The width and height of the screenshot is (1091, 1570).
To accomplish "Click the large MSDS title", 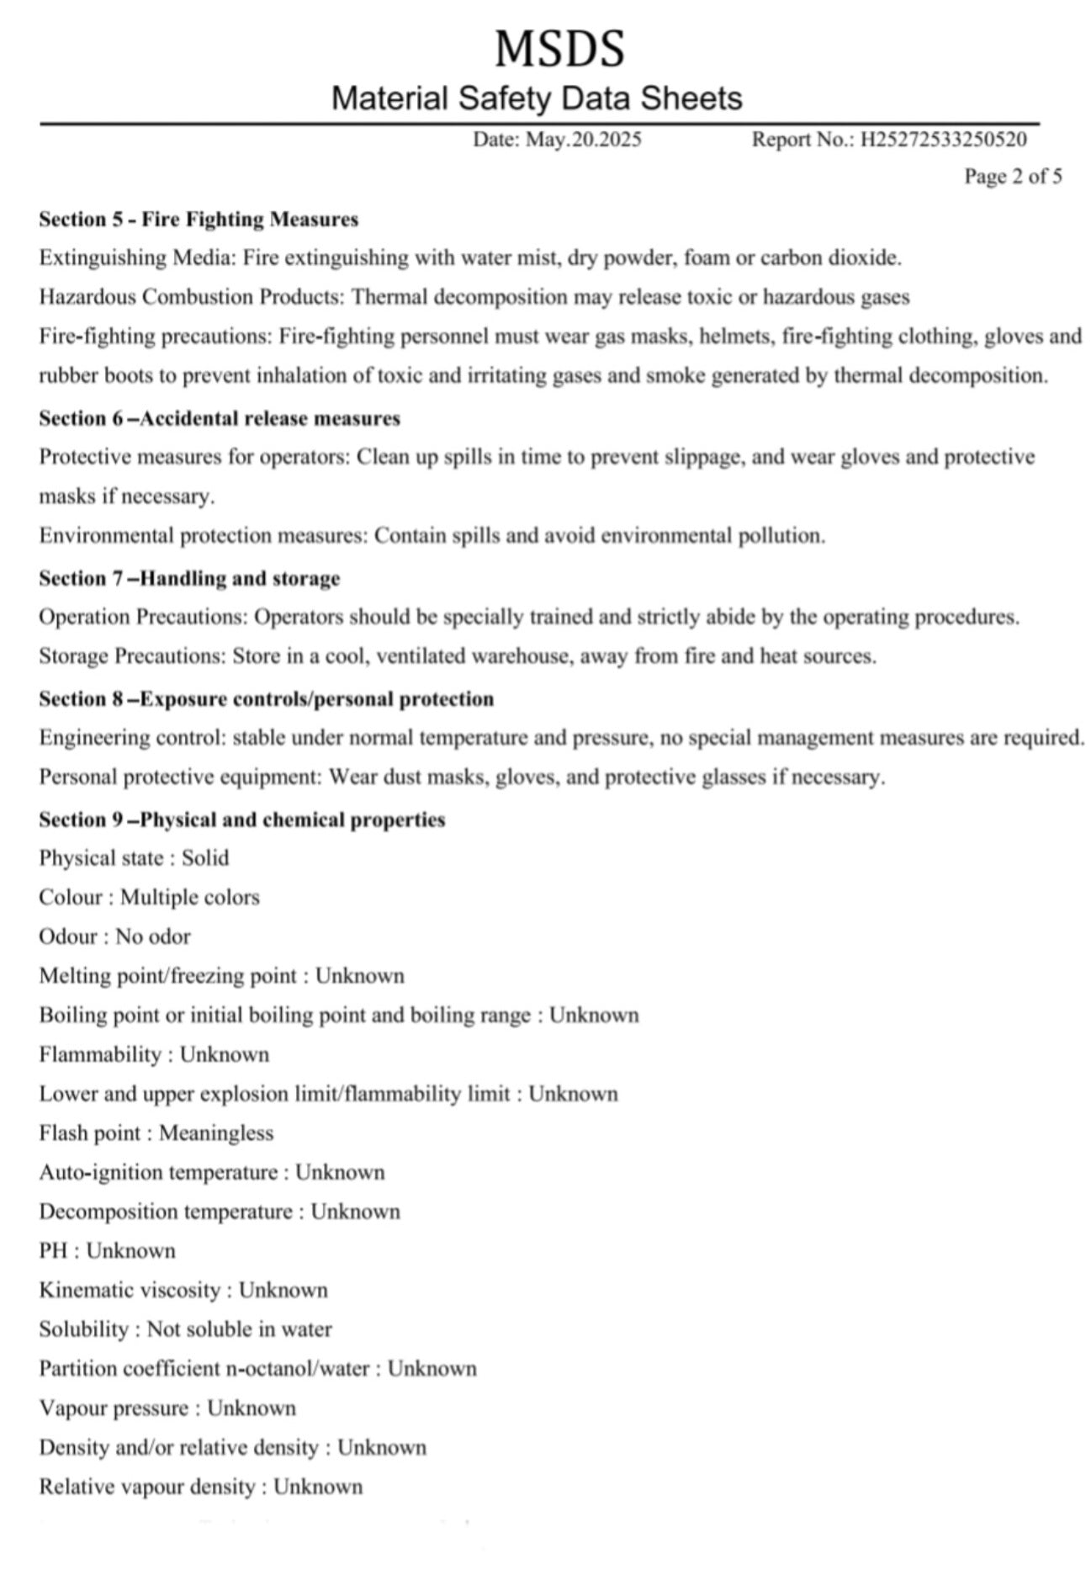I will click(x=559, y=48).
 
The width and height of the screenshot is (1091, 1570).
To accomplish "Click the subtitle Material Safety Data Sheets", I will click(x=537, y=98).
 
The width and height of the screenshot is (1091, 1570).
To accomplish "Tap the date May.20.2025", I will click(x=583, y=140).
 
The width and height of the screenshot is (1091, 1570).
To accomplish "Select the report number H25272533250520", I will click(x=943, y=140).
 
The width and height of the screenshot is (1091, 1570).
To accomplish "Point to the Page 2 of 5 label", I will click(x=1013, y=176).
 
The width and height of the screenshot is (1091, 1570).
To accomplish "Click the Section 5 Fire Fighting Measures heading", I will click(x=199, y=220).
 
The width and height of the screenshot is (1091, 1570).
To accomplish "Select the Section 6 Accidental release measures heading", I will click(x=220, y=418).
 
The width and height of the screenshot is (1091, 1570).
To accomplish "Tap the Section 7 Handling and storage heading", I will click(x=189, y=578).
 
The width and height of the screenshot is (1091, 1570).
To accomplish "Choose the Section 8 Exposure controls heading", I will click(x=266, y=699).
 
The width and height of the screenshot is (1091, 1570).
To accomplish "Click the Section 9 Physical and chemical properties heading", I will click(x=242, y=819).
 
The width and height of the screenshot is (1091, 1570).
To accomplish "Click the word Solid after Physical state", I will click(x=205, y=858).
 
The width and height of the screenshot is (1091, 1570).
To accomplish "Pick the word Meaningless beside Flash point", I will click(x=216, y=1133).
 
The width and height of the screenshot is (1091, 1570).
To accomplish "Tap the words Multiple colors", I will click(x=190, y=898).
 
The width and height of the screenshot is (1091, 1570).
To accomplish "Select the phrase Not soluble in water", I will click(x=240, y=1329).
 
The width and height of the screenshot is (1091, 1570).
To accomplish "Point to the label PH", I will click(x=53, y=1251).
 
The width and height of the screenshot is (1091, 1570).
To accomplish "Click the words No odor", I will click(x=153, y=936).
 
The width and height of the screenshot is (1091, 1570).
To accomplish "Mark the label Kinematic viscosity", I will click(x=130, y=1291).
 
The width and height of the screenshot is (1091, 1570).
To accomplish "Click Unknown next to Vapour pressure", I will click(x=252, y=1408).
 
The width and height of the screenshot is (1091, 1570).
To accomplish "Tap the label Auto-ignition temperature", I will click(x=158, y=1173).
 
